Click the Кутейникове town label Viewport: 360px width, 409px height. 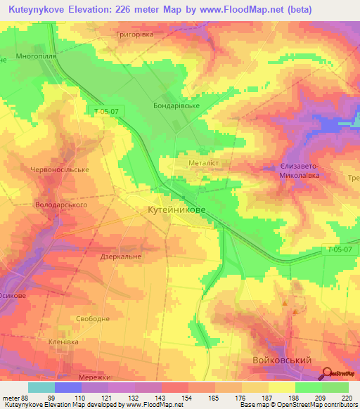[x=176, y=210]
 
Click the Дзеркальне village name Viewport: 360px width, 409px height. [x=121, y=257]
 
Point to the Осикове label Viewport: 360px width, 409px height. [x=13, y=296]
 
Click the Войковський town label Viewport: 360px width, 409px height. [x=282, y=360]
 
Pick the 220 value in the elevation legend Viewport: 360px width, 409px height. [x=345, y=398]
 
